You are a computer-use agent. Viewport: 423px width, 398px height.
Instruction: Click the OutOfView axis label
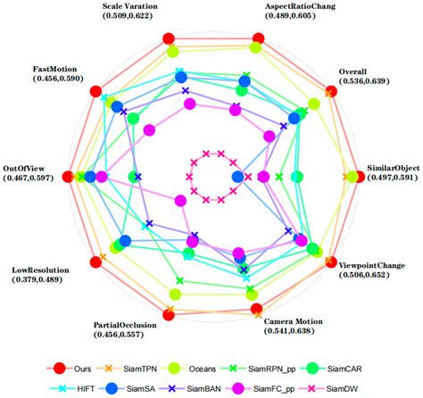(27, 167)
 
